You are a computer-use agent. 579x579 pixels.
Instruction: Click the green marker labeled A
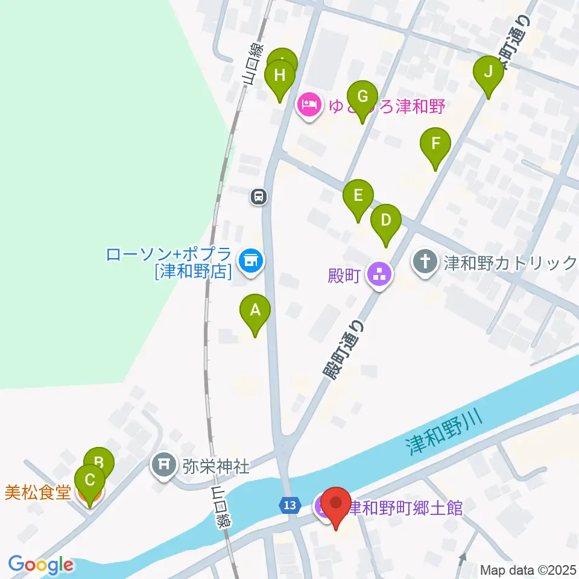point(255,311)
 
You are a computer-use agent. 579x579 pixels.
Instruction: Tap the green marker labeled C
point(90,481)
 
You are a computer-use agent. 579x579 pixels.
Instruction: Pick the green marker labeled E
point(358,196)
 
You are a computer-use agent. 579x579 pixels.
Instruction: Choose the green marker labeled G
point(362,96)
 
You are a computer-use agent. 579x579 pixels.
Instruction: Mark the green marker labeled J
point(489,72)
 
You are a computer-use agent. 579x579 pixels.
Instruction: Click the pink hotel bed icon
point(309,106)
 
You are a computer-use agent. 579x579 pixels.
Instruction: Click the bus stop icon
point(259,196)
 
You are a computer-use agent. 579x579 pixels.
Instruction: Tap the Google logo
point(40,565)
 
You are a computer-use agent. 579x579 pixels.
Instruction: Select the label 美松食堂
point(37,493)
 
